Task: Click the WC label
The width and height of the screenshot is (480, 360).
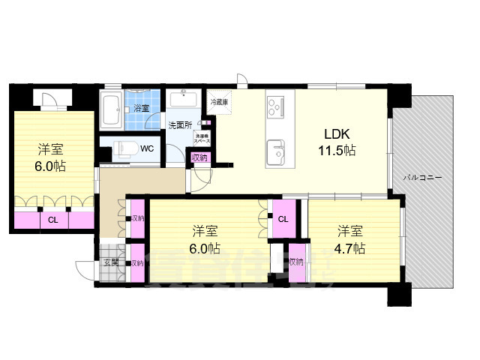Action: click(147, 148)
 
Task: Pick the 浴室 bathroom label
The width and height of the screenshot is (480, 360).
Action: click(141, 109)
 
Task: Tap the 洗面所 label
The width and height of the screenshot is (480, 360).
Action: click(180, 124)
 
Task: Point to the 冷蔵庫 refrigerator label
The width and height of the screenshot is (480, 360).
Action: click(218, 101)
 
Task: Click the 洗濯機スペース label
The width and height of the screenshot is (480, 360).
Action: click(202, 138)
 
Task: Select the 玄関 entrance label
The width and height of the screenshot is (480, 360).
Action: click(110, 263)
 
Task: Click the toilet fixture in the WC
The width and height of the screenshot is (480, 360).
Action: click(122, 148)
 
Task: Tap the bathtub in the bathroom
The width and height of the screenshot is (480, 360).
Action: click(115, 111)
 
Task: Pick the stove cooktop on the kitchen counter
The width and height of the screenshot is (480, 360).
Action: click(275, 107)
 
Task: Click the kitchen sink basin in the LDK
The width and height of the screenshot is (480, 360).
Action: click(276, 149)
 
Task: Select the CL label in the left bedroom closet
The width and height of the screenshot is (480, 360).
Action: click(52, 220)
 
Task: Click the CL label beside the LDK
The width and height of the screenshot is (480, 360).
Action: click(282, 219)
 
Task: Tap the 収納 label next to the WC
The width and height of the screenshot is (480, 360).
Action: click(199, 157)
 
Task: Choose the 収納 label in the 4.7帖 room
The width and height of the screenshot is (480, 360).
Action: click(297, 262)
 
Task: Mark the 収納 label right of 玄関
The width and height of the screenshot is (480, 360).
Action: click(137, 263)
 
